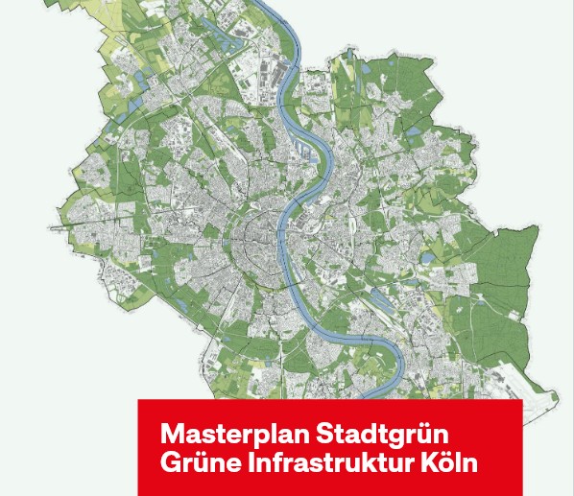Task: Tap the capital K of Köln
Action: click(x=429, y=462)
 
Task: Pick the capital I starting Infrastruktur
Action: click(x=252, y=462)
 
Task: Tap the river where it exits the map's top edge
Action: click(x=279, y=6)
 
